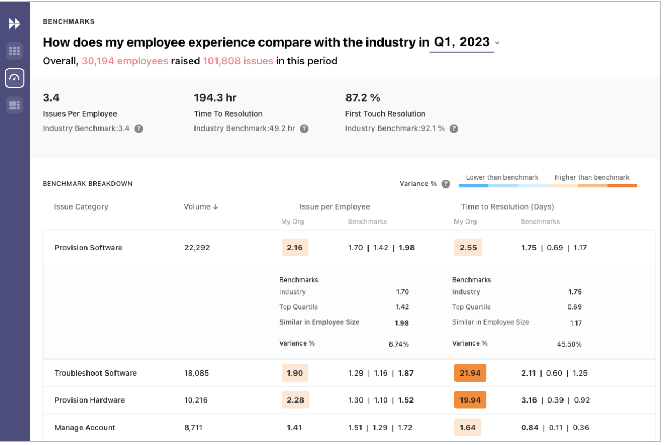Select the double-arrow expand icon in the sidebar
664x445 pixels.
(15, 24)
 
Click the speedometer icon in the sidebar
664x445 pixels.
(15, 78)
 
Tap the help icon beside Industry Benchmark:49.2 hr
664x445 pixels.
(304, 129)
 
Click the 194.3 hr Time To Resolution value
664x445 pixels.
(215, 97)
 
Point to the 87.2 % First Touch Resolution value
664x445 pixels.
(363, 97)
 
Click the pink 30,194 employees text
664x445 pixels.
(125, 61)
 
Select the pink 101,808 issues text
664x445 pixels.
(237, 61)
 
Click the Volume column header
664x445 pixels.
(200, 207)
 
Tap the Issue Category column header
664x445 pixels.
(81, 207)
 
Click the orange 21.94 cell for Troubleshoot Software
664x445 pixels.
(470, 373)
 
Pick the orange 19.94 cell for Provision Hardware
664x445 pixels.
(470, 400)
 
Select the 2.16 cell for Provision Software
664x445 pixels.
(295, 248)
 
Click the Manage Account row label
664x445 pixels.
(85, 428)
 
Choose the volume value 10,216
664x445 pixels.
(196, 400)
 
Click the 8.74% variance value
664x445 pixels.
(399, 344)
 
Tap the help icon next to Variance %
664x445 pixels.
(445, 184)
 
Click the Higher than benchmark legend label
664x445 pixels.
(592, 177)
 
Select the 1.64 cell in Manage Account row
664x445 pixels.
(468, 428)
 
